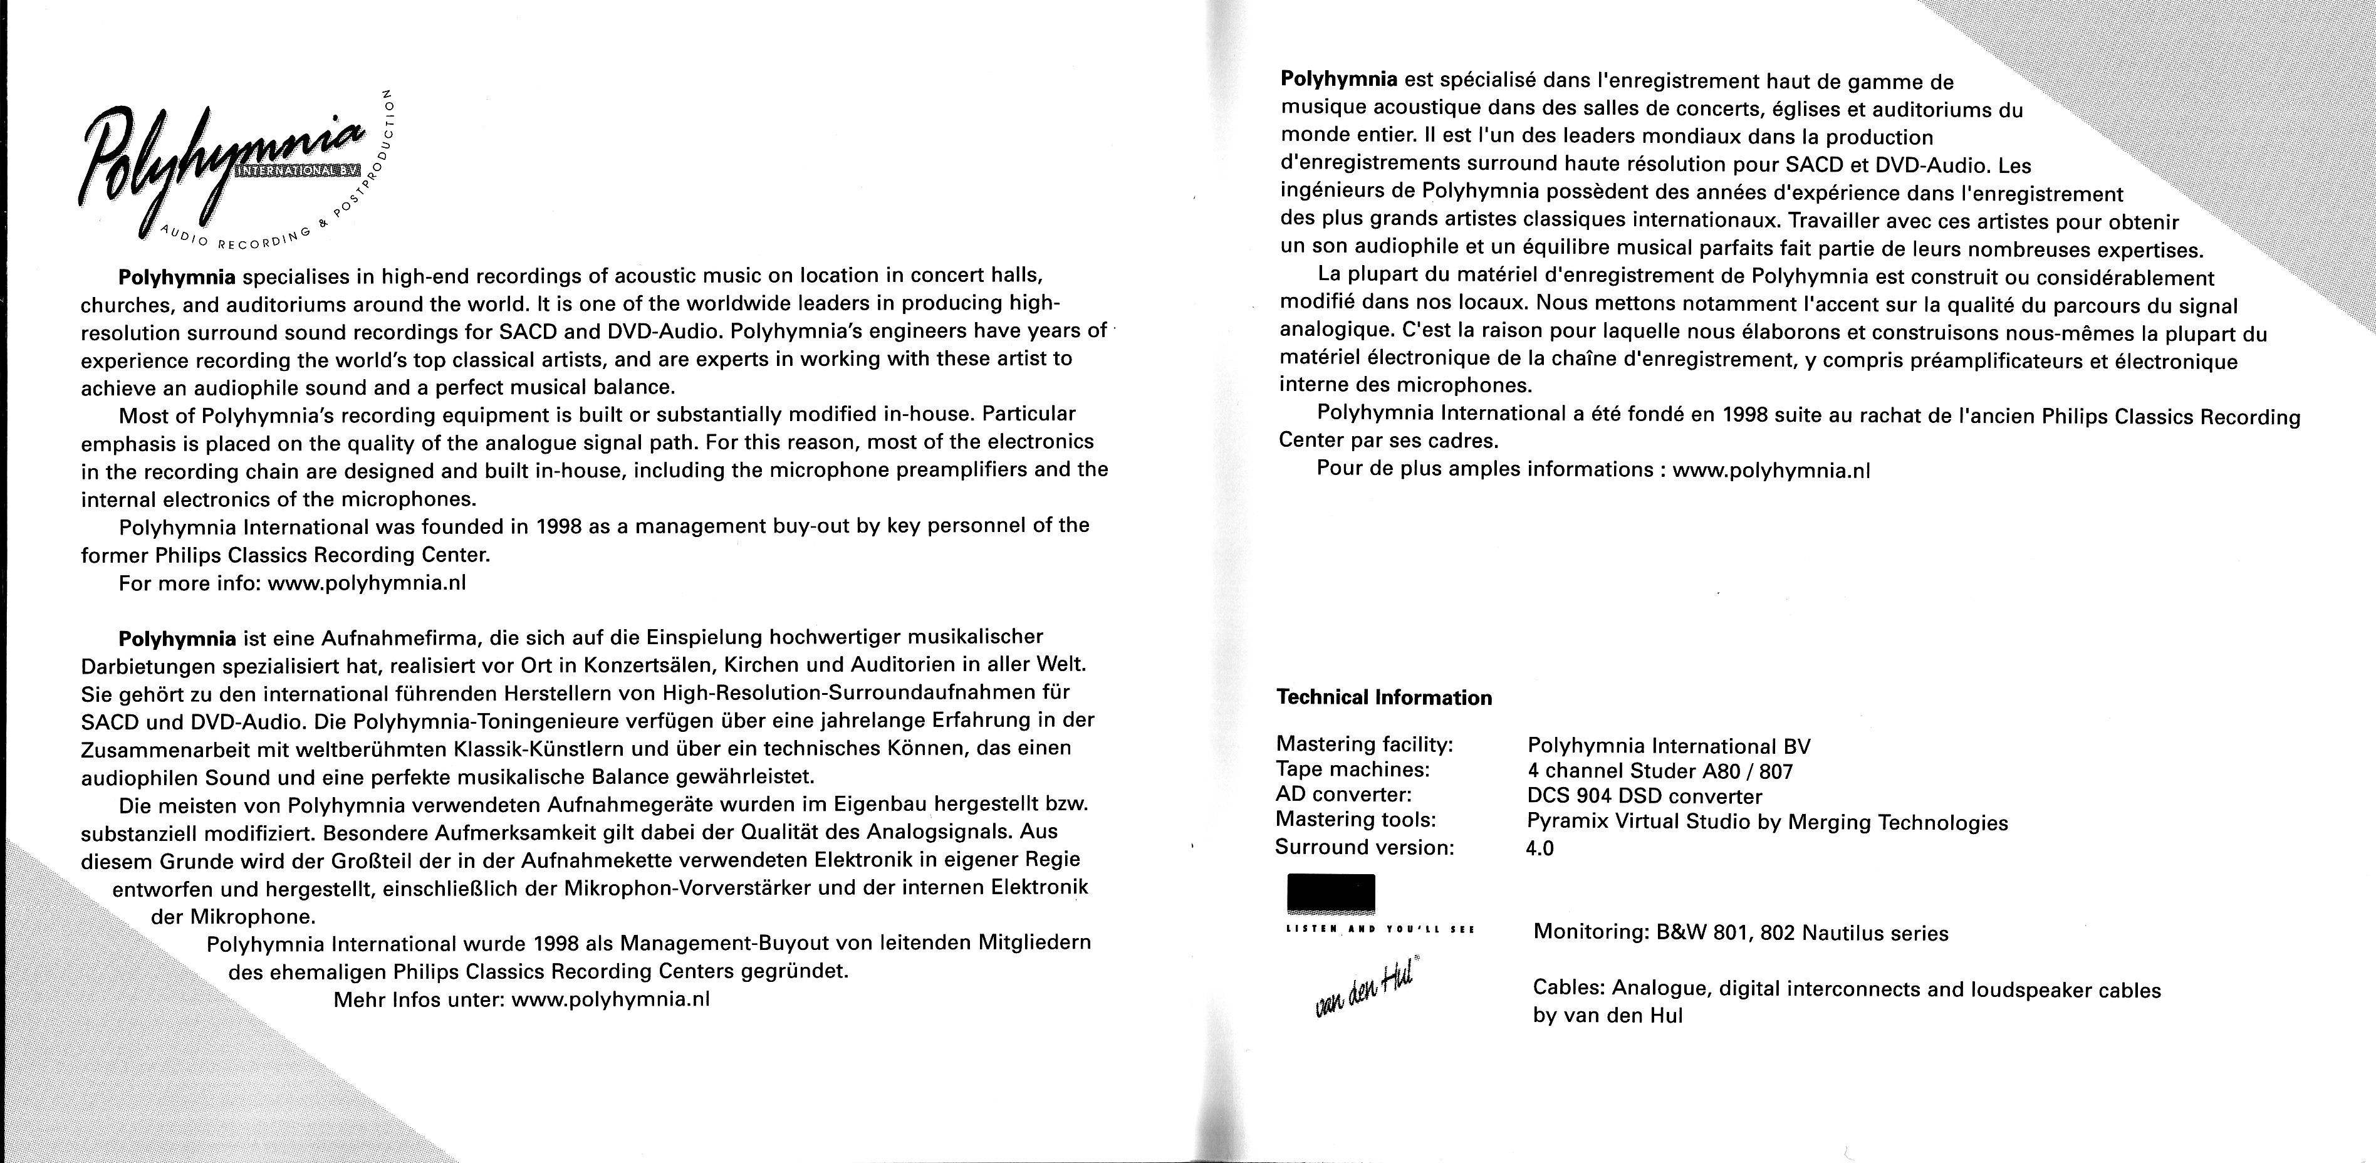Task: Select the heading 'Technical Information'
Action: point(1383,698)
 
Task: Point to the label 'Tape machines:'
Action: point(1352,769)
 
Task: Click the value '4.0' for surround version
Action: point(1540,848)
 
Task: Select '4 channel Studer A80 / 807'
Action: point(1660,771)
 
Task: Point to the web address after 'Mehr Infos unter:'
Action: point(610,999)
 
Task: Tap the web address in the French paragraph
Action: point(1771,469)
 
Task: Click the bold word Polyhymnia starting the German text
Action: point(177,637)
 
